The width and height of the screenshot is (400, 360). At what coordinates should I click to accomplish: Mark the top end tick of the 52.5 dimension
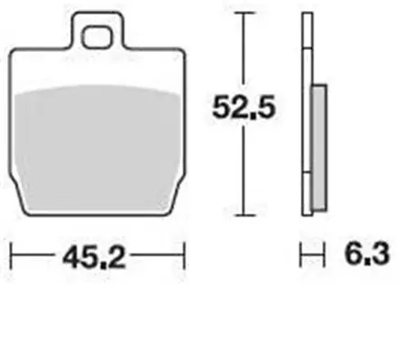tap(243, 14)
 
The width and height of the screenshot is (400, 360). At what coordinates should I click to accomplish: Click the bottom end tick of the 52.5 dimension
tap(243, 215)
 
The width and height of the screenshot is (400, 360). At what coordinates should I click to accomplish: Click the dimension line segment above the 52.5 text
tap(243, 50)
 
